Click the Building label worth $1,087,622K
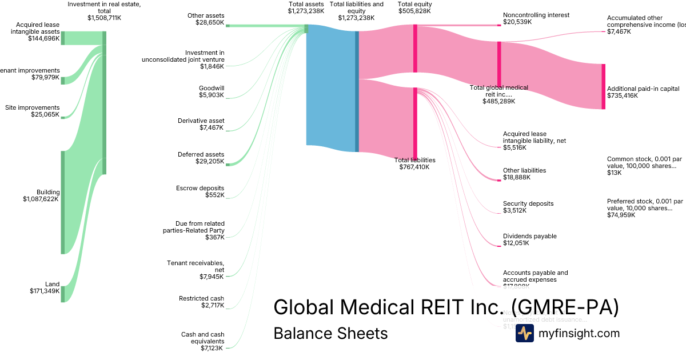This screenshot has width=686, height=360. click(41, 195)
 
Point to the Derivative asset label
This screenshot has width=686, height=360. click(201, 124)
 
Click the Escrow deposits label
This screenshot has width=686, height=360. click(201, 191)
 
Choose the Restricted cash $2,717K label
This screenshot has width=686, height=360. click(201, 302)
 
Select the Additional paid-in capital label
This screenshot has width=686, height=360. click(643, 92)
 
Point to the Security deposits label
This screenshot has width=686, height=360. click(528, 207)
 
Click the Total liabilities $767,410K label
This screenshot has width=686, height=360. click(414, 163)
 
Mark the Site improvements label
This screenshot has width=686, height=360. click(32, 111)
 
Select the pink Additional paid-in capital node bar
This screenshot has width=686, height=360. click(603, 86)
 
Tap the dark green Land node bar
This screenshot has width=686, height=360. click(62, 293)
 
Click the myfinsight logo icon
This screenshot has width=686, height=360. click(524, 333)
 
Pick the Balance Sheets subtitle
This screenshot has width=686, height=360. click(330, 333)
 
